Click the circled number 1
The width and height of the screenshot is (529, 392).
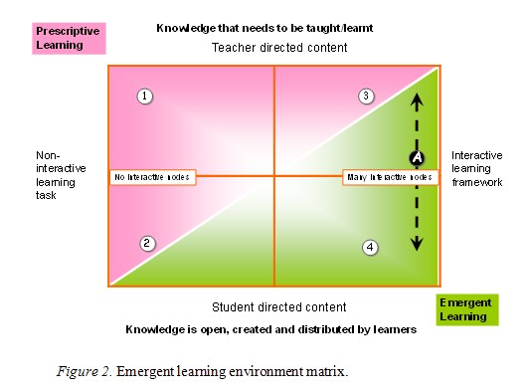(145, 97)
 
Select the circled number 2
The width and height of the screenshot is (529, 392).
(146, 242)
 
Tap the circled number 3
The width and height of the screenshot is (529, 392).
(366, 96)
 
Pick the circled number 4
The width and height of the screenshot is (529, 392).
(370, 247)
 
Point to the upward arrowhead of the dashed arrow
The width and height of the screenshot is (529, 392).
(418, 97)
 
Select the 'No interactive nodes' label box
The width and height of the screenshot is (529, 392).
(152, 177)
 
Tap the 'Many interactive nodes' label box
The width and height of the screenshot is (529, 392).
(390, 177)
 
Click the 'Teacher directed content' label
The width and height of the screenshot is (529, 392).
(273, 48)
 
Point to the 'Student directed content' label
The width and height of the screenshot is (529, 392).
(280, 306)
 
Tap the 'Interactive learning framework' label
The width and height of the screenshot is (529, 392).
(477, 169)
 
